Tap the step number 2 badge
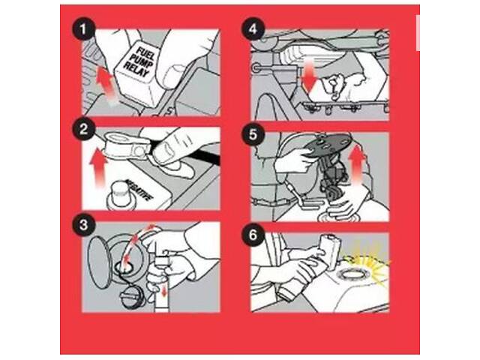83,129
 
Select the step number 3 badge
83,225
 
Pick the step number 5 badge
253,133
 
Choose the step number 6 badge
253,235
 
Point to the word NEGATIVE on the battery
140,189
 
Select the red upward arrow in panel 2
99,166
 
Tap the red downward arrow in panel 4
310,75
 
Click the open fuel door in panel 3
98,262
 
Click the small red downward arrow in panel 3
164,290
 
